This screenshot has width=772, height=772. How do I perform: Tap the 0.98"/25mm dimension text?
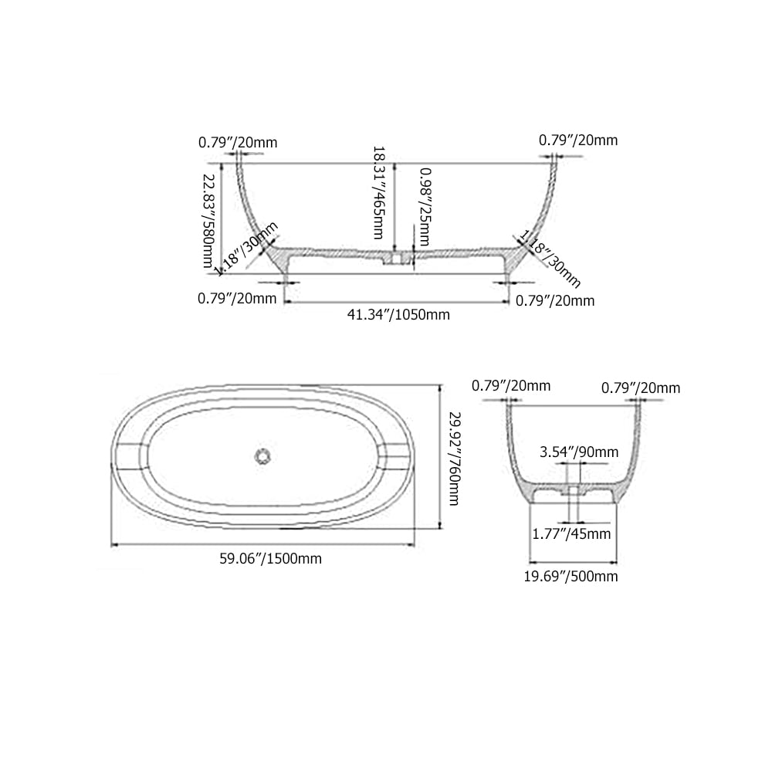pos(424,207)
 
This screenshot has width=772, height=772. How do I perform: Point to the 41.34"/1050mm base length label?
pos(398,314)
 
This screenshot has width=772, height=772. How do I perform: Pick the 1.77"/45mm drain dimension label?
pos(572,533)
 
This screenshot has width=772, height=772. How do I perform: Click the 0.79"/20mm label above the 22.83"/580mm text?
pos(238,142)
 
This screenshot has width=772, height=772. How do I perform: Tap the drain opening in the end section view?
pos(573,491)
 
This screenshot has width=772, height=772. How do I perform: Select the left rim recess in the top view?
pos(130,456)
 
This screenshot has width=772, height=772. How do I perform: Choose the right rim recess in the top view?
pos(397,456)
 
